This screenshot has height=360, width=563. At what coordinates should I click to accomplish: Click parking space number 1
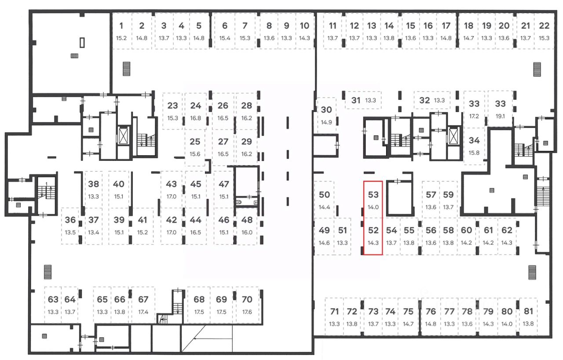pos(121,26)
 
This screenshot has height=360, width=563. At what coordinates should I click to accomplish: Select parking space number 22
pos(544,26)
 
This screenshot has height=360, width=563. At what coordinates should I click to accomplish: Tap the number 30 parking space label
pos(326,110)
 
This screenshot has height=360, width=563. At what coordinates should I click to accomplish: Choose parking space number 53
pos(373,195)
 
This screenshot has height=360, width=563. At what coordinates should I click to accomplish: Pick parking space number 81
pos(528,312)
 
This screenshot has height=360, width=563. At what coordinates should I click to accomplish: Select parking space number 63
pos(53,300)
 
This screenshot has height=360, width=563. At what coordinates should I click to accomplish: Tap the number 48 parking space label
pos(247,220)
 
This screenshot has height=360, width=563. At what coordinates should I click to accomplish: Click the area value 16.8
pos(196,118)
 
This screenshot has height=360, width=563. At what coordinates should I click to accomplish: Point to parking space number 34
pos(474,141)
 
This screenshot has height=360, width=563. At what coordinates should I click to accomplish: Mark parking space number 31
pos(356,100)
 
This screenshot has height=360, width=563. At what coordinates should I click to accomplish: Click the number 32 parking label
pos(424,100)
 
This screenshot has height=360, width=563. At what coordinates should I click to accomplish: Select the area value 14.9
pos(326,122)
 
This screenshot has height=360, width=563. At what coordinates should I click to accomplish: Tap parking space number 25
pos(195,142)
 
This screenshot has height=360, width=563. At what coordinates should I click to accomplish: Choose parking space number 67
pos(143,300)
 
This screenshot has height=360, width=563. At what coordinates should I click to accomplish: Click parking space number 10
pos(304,26)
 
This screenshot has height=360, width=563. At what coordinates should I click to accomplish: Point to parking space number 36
pos(70,220)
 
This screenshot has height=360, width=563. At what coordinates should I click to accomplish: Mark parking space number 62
pos(507,230)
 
